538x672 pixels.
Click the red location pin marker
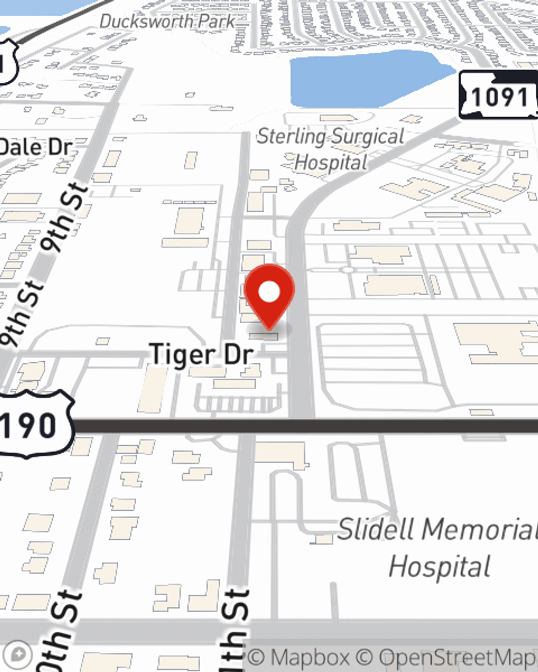[x=270, y=296]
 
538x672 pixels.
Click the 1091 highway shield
[x=498, y=97]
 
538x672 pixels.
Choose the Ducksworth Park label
[x=167, y=22]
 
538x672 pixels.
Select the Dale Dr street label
[x=35, y=147]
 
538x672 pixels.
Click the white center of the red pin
[x=270, y=292]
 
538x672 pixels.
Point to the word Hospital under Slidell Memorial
[x=440, y=567]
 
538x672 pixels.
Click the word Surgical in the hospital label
[x=367, y=137]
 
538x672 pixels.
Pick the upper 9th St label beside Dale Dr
[x=66, y=218]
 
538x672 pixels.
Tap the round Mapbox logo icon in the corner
[x=18, y=655]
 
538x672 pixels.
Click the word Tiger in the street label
[x=175, y=355]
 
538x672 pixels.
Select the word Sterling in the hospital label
[x=291, y=137]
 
